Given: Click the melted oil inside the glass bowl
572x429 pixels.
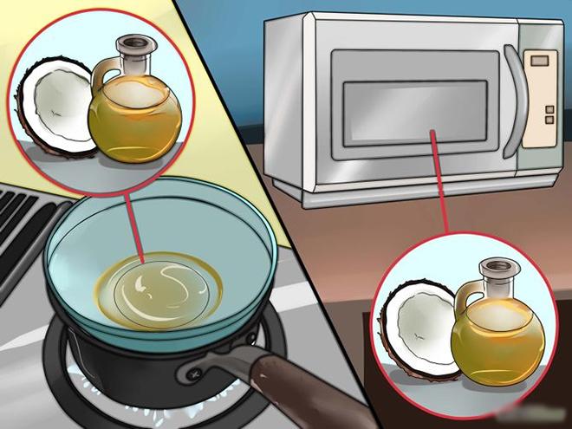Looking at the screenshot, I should pos(165,286).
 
